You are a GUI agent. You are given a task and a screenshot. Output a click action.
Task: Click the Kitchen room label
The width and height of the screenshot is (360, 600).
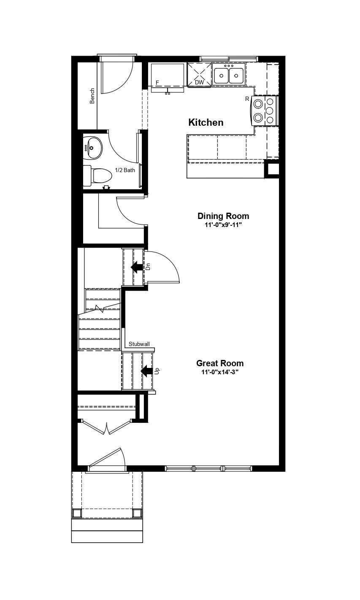(206, 122)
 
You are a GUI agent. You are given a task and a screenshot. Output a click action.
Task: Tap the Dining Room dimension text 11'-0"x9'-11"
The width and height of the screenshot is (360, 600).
(223, 225)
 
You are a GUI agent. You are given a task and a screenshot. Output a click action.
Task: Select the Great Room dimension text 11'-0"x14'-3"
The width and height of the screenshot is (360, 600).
(220, 372)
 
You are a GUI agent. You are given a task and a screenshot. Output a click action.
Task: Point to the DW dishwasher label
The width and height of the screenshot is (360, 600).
(199, 83)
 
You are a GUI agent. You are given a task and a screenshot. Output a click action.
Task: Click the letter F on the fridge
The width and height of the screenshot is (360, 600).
(157, 83)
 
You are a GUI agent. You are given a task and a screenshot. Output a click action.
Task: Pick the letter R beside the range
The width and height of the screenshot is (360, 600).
(247, 99)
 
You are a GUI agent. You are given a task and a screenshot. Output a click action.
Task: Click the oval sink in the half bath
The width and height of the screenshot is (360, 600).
(92, 148)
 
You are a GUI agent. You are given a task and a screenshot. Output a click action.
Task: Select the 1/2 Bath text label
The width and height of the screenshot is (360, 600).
(125, 170)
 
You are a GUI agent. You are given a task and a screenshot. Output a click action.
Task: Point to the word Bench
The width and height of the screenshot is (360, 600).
(92, 96)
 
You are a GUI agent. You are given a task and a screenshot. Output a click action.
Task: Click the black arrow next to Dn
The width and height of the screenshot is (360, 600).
(137, 267)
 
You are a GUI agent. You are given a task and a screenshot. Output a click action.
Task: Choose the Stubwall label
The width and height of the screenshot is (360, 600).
(139, 344)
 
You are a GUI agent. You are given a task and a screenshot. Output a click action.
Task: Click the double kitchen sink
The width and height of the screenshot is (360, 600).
(229, 76)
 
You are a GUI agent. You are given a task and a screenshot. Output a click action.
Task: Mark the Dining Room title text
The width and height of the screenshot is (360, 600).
(223, 216)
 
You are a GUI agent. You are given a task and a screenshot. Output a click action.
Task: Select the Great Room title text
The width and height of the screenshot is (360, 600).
(220, 363)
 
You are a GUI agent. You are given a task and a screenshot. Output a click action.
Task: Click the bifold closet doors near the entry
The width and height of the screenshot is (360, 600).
(107, 427)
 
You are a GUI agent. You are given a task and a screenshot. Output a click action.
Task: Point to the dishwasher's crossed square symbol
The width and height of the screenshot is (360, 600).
(199, 75)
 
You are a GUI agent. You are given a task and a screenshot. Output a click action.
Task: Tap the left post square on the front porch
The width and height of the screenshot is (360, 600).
(77, 514)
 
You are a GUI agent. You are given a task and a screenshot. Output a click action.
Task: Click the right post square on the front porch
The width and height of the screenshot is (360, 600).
(137, 514)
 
